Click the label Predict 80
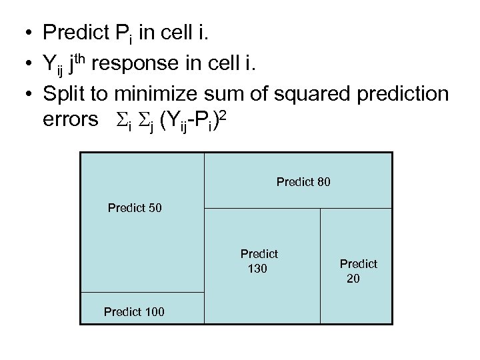(x=303, y=181)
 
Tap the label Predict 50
(x=135, y=208)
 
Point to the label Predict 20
(x=358, y=271)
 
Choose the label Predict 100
(x=134, y=311)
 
